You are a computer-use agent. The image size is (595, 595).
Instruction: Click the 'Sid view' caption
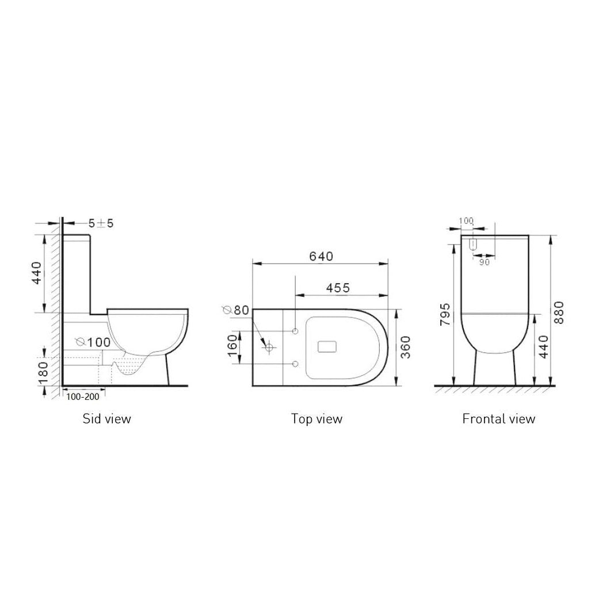point(106,418)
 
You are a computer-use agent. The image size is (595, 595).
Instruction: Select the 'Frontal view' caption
point(498,418)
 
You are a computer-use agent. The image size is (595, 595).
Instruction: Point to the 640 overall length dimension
point(321,257)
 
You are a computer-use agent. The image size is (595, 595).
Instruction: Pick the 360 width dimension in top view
point(405,347)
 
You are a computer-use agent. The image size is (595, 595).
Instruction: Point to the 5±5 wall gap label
point(101,223)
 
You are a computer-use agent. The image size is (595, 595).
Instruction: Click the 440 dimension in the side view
point(36,274)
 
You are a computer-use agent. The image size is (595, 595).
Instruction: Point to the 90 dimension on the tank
point(483,262)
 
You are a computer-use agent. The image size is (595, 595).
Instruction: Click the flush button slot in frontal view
point(473,245)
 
